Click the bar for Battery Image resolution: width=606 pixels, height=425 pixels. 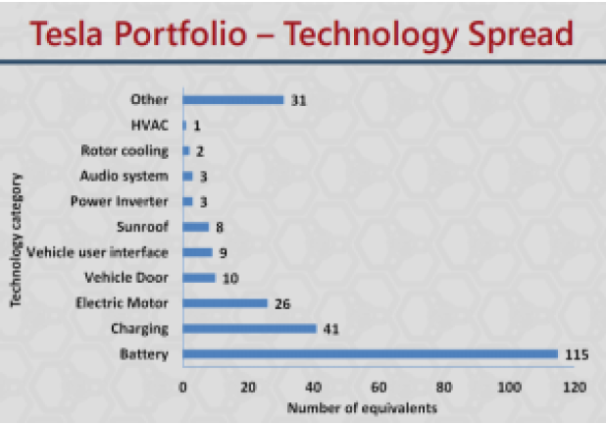pyautogui.click(x=370, y=354)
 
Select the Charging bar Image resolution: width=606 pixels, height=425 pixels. pyautogui.click(x=249, y=329)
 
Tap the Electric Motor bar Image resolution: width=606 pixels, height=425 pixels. pyautogui.click(x=225, y=303)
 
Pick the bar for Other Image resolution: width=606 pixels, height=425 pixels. pyautogui.click(x=232, y=99)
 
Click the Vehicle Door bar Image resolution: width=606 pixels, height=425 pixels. pyautogui.click(x=199, y=278)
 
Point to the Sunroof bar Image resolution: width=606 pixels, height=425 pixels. pyautogui.click(x=195, y=227)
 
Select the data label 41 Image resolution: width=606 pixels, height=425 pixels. pyautogui.click(x=331, y=329)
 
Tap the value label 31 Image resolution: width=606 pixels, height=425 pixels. pyautogui.click(x=298, y=99)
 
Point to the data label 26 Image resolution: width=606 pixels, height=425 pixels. pyautogui.click(x=282, y=303)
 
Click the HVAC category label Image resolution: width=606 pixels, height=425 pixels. pyautogui.click(x=150, y=125)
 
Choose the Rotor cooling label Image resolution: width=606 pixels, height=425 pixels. pyautogui.click(x=125, y=150)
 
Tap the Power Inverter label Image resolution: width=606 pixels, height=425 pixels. pyautogui.click(x=125, y=201)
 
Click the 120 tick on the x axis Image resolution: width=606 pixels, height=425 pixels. pyautogui.click(x=574, y=387)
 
